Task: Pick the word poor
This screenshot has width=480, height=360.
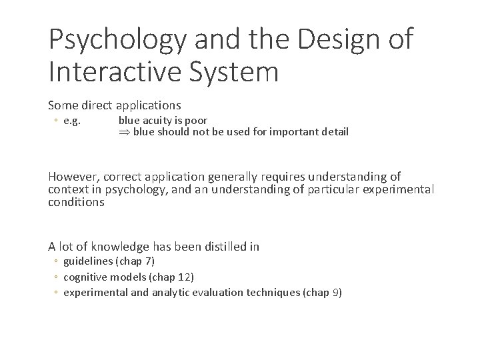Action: tap(196, 121)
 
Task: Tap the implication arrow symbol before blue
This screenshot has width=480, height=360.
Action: tap(124, 132)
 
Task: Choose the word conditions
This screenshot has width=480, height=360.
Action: tap(76, 202)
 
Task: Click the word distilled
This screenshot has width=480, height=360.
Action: tap(220, 247)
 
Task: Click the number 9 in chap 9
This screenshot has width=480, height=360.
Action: tap(335, 292)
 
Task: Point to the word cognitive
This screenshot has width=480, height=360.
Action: tap(85, 276)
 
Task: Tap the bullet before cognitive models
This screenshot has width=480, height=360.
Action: tap(57, 277)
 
